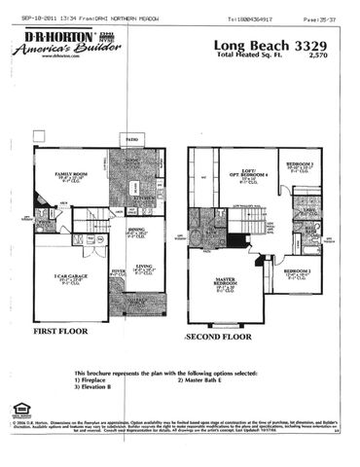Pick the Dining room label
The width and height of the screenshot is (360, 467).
click(136, 231)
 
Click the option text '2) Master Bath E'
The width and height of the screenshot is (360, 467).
click(206, 379)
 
